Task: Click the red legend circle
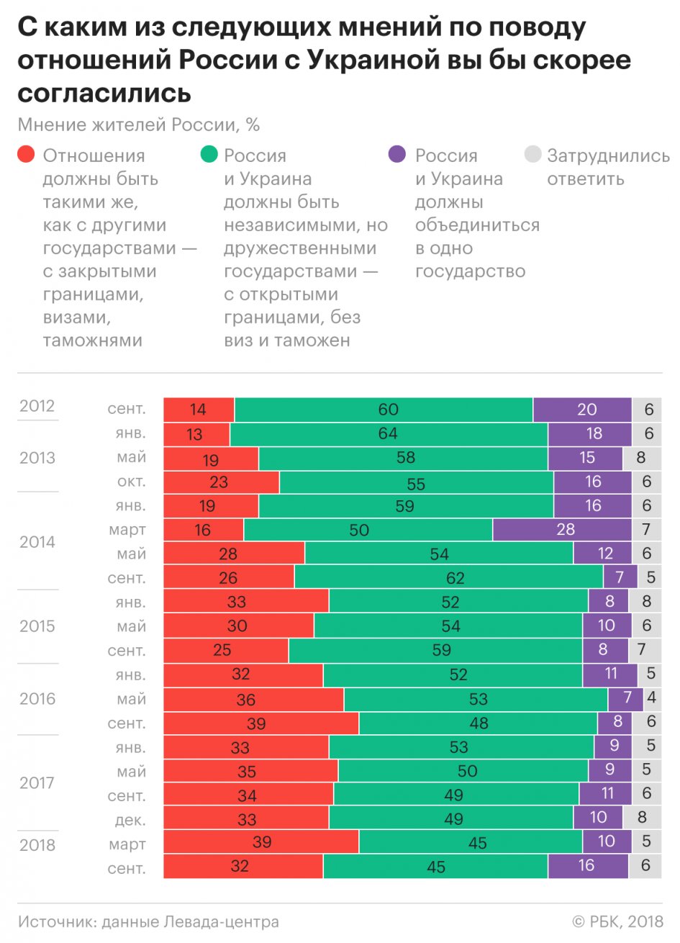26,154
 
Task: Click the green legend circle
209,154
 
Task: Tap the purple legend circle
397,154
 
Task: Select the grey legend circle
532,154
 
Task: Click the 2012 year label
37,406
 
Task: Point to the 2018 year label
37,845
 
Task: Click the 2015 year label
37,626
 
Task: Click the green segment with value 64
389,434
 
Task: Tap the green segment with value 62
448,577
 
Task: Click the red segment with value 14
199,410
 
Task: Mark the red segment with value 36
253,700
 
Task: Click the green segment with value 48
478,723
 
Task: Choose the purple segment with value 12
602,554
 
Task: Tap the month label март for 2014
127,530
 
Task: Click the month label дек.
130,820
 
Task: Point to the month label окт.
131,482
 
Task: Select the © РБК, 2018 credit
617,922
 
